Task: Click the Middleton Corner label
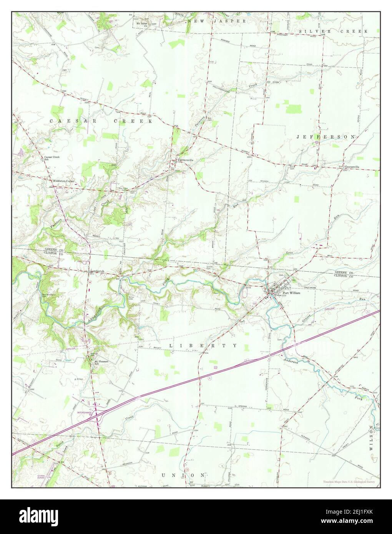point(64,180)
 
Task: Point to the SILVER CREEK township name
point(334,31)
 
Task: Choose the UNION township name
point(183,475)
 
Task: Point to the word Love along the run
point(290,253)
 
